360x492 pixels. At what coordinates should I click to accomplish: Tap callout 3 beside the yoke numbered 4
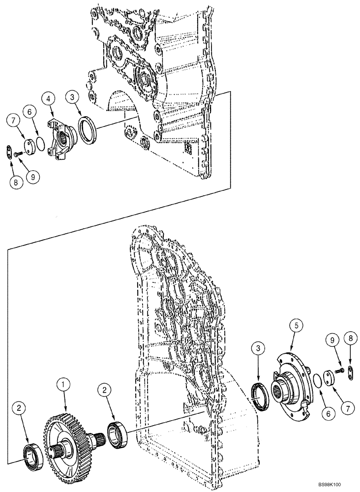pyautogui.click(x=74, y=98)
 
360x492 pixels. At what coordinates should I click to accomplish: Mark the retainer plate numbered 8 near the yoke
pyautogui.click(x=10, y=151)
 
